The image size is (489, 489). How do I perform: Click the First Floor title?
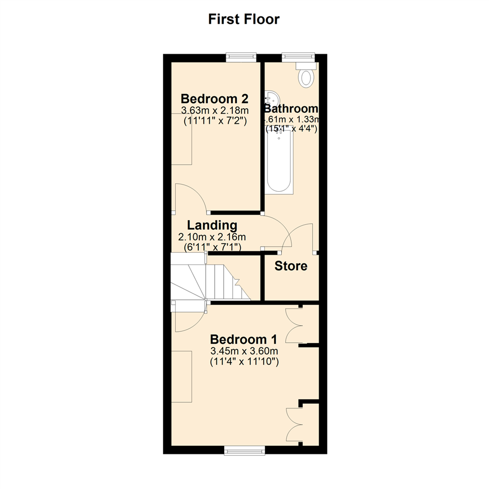pyautogui.click(x=244, y=19)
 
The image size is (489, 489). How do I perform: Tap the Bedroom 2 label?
pyautogui.click(x=215, y=98)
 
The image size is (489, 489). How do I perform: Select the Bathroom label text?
pyautogui.click(x=292, y=109)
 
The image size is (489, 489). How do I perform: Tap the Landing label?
pyautogui.click(x=212, y=225)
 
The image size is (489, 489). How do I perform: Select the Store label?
pyautogui.click(x=291, y=266)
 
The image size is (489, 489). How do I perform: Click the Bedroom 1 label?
pyautogui.click(x=244, y=339)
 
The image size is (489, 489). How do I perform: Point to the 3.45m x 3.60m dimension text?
pyautogui.click(x=244, y=351)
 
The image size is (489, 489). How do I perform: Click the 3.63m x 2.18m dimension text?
pyautogui.click(x=215, y=110)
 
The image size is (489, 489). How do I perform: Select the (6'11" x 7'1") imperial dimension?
pyautogui.click(x=212, y=247)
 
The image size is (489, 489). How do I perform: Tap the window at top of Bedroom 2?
pyautogui.click(x=241, y=57)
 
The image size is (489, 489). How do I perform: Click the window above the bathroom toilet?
pyautogui.click(x=297, y=57)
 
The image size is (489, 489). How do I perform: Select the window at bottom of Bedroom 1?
pyautogui.click(x=244, y=450)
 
